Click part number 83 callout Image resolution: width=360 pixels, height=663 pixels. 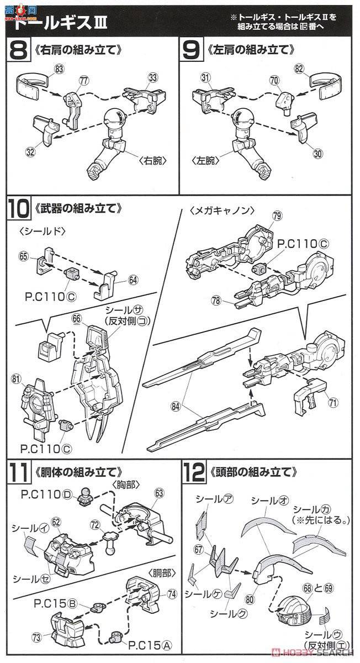60,69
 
